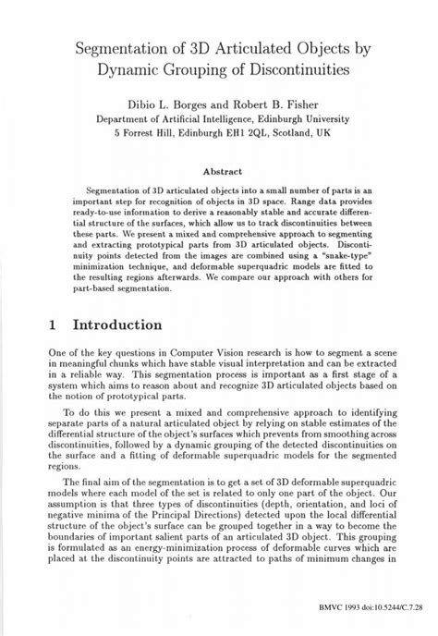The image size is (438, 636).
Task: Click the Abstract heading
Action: (x=220, y=170)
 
